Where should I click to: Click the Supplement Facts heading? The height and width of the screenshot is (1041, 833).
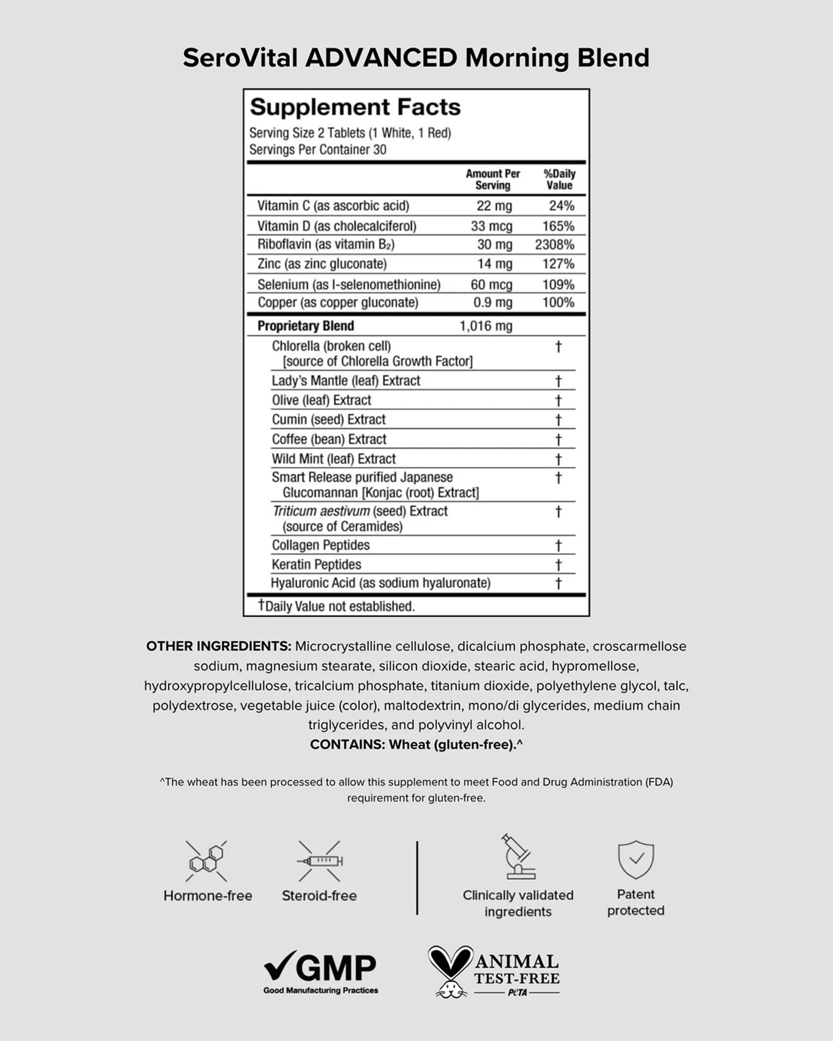coord(355,107)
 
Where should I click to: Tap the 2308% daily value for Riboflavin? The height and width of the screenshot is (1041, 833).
coord(554,245)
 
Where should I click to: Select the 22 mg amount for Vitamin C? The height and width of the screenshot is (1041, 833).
coord(494,206)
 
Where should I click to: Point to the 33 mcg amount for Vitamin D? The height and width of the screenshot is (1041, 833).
coord(491,227)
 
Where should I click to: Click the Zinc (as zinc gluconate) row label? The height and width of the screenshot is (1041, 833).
coord(322,264)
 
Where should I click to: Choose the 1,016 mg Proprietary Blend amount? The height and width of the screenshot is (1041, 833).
coord(485,326)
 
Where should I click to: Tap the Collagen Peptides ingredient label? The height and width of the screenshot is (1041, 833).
coord(320,545)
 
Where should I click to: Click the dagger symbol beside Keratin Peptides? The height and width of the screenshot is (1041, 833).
coord(559,565)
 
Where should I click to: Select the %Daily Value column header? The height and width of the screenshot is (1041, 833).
coord(559,179)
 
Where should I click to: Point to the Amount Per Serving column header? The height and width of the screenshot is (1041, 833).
coord(493,179)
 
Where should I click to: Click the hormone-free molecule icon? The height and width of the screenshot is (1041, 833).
coord(207,861)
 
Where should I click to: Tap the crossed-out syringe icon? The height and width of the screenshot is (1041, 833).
coord(319,861)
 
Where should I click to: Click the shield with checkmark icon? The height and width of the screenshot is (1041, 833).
coord(636,859)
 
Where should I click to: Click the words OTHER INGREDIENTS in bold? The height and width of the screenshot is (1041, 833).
coord(218,646)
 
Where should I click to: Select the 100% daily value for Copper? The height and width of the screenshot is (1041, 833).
coord(558,303)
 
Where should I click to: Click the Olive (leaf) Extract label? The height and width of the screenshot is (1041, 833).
coord(322,400)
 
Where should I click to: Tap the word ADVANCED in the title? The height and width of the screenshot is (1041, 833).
coord(381,58)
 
